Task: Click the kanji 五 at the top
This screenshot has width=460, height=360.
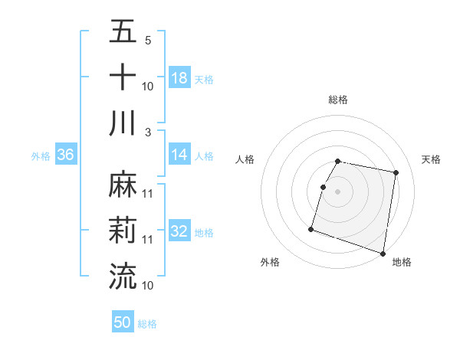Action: click(x=123, y=33)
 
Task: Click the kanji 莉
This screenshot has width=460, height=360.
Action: click(x=123, y=231)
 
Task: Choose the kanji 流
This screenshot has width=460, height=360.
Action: click(x=123, y=276)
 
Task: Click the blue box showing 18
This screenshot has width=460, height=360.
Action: click(x=179, y=77)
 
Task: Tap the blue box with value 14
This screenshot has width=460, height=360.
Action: click(x=179, y=155)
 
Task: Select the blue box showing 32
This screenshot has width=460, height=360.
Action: click(x=179, y=231)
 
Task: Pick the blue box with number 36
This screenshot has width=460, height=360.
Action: click(x=66, y=155)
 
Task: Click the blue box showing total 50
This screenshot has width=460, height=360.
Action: click(x=123, y=323)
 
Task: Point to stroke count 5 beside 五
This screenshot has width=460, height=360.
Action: click(x=148, y=41)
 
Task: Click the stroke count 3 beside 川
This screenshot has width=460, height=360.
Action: click(x=148, y=131)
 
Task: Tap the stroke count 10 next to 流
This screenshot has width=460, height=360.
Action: click(x=148, y=285)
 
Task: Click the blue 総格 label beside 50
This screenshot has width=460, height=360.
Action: click(x=147, y=324)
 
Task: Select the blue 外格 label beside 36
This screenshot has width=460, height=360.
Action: click(x=41, y=155)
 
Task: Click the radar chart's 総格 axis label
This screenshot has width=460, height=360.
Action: click(x=338, y=100)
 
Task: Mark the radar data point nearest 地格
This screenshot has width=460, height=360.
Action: click(x=383, y=253)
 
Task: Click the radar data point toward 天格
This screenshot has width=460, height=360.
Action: click(x=396, y=173)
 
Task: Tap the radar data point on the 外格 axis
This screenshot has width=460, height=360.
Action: click(x=311, y=228)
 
